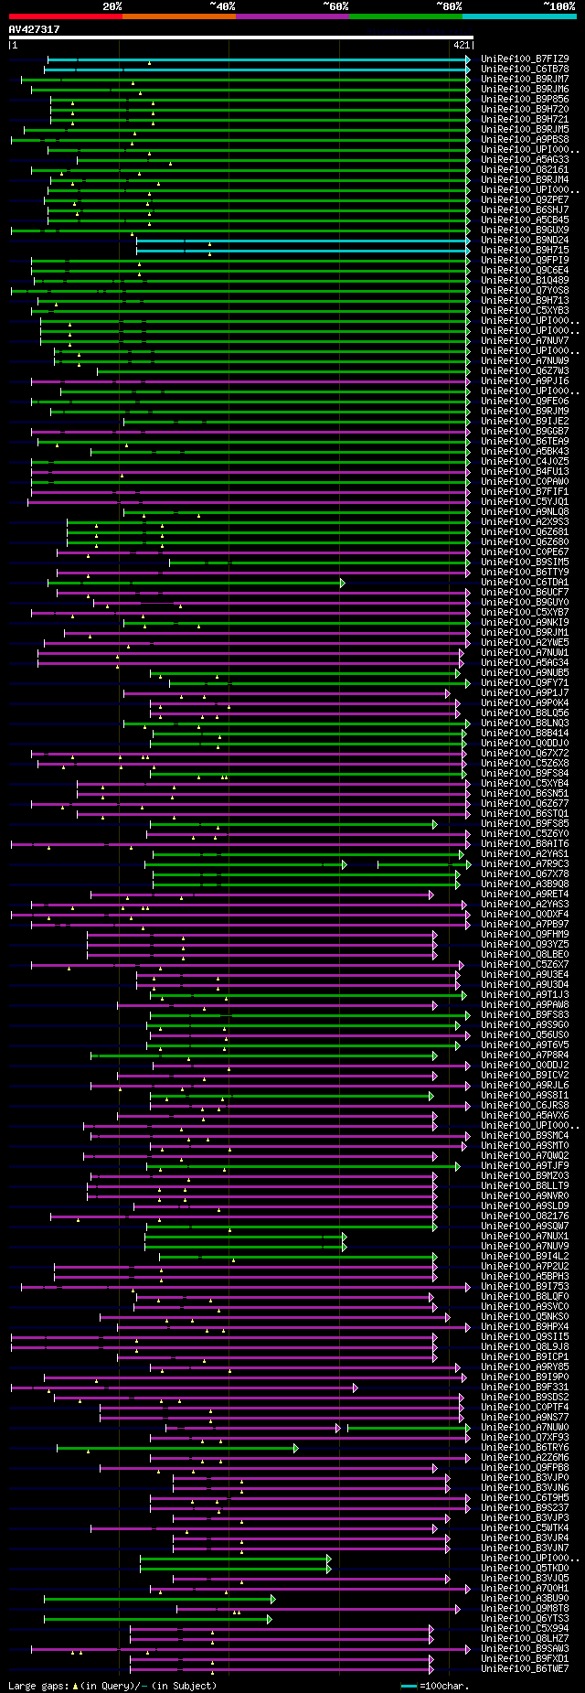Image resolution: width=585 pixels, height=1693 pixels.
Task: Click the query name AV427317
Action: (34, 29)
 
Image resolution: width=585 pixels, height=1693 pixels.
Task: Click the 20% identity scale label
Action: (112, 5)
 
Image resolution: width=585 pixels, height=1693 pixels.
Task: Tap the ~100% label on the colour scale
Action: (558, 5)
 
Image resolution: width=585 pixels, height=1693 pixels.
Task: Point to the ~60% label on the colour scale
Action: (335, 5)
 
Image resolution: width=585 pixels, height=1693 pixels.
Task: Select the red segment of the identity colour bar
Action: (65, 16)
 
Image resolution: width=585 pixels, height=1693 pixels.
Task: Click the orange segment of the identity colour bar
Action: (178, 16)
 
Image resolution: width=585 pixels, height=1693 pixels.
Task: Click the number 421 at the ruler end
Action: (461, 45)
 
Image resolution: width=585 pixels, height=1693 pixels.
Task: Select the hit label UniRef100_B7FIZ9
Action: (525, 59)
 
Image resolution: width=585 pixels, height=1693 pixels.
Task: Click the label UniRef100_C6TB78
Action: (525, 69)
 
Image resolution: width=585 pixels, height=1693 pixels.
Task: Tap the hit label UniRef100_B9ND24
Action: (525, 240)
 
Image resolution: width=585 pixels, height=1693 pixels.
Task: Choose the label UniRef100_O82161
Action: (525, 169)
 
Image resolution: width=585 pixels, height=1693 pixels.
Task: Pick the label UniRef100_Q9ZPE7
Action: (525, 199)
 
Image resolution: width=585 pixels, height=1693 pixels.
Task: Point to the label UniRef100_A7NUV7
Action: (525, 340)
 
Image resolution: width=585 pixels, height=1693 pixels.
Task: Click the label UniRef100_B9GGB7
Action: (525, 431)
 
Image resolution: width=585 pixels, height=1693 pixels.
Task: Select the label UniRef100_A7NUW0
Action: (525, 1427)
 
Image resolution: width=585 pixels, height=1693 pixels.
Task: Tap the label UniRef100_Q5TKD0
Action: (525, 1568)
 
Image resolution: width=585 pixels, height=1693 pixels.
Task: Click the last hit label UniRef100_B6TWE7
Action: (525, 1668)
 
